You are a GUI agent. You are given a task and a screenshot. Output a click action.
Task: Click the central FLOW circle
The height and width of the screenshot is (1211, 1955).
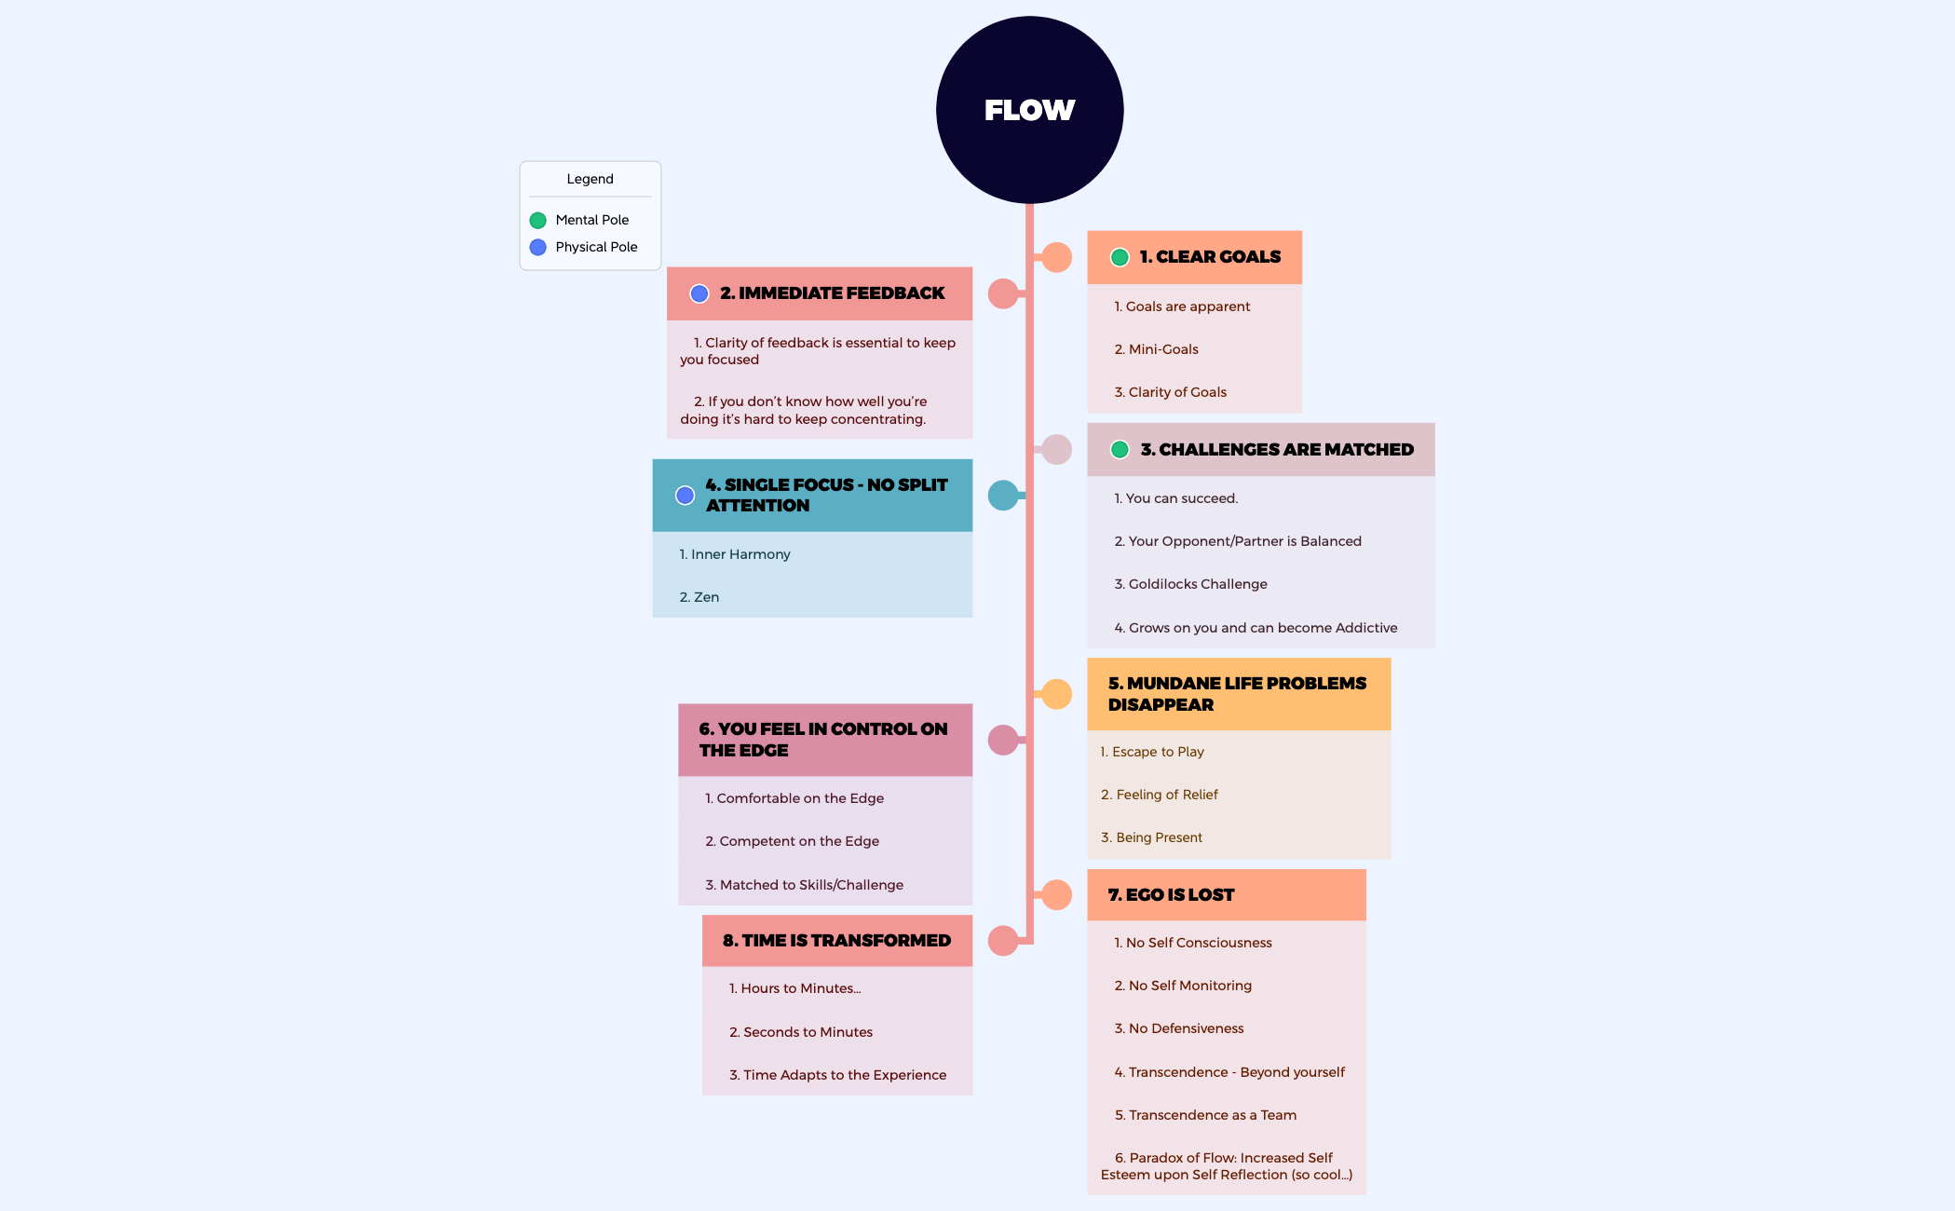1029,110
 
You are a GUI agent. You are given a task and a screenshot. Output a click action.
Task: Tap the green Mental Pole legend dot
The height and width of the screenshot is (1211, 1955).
537,221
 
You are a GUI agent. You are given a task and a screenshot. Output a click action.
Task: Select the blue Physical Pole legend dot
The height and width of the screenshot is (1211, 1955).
537,248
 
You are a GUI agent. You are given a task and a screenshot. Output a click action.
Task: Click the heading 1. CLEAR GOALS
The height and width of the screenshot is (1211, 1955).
1210,257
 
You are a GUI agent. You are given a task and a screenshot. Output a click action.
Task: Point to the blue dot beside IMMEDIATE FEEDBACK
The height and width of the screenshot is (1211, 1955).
699,294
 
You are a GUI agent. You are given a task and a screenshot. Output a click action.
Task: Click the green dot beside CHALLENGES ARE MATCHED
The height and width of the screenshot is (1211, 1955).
1120,450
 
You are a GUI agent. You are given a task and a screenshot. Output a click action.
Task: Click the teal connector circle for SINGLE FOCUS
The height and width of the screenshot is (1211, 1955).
1003,496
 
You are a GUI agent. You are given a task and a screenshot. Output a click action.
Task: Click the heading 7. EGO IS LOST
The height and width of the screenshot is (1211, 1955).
1171,895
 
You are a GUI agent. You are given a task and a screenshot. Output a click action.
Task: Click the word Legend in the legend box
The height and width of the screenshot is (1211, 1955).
590,179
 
